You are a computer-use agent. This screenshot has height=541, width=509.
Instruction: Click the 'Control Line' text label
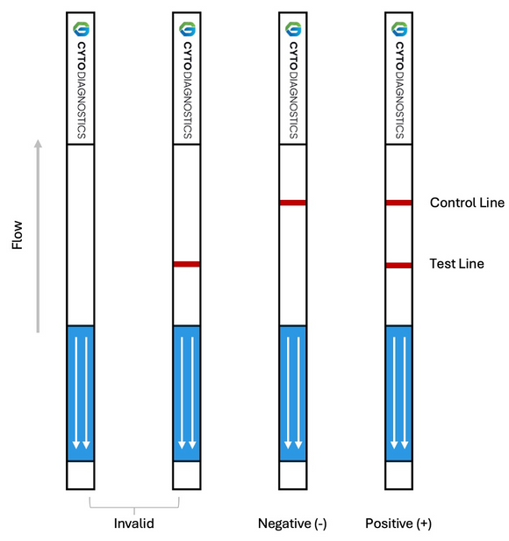[467, 203]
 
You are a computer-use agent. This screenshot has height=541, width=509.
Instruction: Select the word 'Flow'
[18, 235]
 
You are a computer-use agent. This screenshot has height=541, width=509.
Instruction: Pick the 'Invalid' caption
[134, 523]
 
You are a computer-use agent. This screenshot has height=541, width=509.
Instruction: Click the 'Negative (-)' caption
[292, 523]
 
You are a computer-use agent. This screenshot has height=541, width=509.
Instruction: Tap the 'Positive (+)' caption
[398, 523]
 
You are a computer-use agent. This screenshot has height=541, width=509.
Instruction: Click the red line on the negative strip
[292, 203]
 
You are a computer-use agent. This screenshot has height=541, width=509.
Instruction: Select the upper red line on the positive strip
[398, 203]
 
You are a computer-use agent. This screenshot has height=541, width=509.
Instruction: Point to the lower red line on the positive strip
[398, 264]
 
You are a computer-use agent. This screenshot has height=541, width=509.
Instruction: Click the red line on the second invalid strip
[187, 264]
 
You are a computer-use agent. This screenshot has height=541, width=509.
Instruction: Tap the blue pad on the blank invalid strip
[81, 393]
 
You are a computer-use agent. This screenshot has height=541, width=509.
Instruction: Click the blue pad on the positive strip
[398, 393]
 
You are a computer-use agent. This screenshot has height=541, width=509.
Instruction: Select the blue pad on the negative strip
[292, 393]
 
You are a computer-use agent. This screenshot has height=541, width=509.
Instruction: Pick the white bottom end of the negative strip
[292, 474]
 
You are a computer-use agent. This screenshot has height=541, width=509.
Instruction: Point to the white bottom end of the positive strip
[398, 474]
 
